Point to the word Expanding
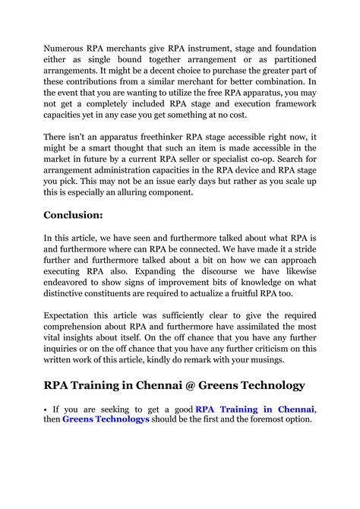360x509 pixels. click(x=159, y=272)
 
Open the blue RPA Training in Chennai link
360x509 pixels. click(x=254, y=409)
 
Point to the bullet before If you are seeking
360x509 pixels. click(x=45, y=409)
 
